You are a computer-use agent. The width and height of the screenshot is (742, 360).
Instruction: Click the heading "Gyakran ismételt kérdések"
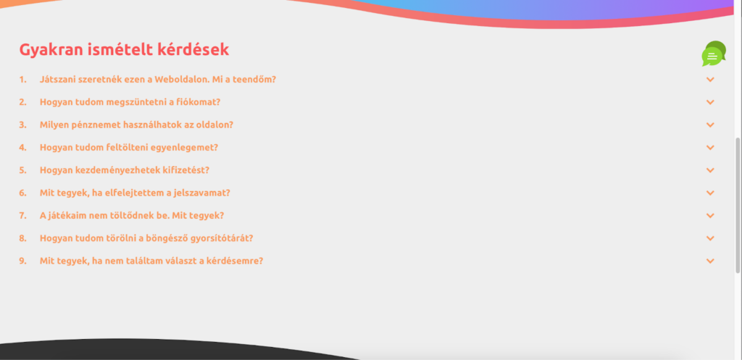[124, 50]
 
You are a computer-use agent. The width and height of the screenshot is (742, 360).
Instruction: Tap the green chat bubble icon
[713, 54]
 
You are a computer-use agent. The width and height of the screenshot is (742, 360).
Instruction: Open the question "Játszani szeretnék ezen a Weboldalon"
[157, 80]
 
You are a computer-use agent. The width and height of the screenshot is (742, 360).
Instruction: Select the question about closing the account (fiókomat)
[130, 102]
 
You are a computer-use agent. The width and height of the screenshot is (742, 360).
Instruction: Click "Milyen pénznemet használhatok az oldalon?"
[136, 125]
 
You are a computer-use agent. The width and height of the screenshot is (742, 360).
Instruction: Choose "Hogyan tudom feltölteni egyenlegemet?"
[129, 148]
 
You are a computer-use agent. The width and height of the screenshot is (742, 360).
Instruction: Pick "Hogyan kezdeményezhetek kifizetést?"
[125, 170]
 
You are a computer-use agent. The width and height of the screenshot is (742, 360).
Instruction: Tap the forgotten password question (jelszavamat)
[135, 193]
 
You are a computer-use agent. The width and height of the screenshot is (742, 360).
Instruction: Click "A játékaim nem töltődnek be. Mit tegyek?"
[132, 216]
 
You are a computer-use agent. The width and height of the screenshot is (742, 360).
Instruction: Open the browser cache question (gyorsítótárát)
[146, 238]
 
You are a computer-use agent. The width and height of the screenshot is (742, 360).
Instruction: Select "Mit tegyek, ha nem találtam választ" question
[151, 261]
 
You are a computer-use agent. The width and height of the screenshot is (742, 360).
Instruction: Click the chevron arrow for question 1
[710, 80]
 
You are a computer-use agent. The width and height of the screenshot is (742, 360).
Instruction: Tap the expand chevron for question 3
[710, 125]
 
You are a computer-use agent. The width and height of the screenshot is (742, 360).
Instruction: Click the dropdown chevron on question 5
[710, 170]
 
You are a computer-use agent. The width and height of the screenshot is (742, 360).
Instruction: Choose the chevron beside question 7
[710, 216]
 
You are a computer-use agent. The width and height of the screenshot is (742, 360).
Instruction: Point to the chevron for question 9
[710, 261]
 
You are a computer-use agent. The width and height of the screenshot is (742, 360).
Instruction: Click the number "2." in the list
[22, 102]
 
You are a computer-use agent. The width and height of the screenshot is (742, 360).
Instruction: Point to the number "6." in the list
[22, 193]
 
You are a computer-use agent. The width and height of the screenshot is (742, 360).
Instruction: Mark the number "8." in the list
[22, 238]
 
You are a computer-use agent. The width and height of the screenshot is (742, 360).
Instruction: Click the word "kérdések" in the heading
[195, 50]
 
